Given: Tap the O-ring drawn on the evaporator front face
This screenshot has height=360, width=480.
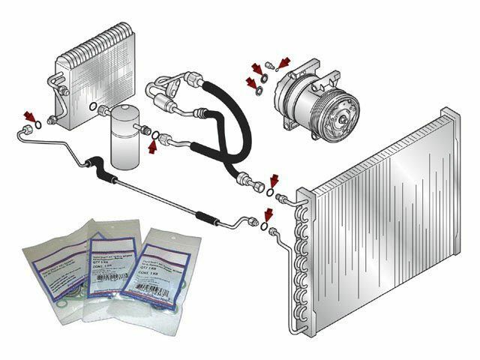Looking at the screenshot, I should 91,109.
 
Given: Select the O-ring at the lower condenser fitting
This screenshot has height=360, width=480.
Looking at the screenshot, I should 264,228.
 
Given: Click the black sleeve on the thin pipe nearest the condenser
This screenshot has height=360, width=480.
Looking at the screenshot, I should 205,214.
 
